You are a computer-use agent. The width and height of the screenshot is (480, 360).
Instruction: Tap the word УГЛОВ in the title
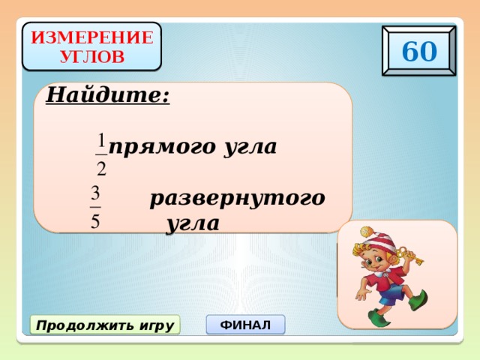coord(92,55)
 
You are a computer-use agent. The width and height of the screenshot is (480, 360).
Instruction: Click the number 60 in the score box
coord(418,51)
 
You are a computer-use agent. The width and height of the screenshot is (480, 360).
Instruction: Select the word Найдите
coord(108,96)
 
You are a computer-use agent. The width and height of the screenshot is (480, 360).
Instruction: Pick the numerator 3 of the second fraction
coord(95,192)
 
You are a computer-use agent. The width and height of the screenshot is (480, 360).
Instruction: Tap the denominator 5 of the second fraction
coord(95,221)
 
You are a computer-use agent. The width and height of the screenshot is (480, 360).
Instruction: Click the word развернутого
coord(237,199)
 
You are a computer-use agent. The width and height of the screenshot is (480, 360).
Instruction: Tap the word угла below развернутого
coord(193,223)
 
